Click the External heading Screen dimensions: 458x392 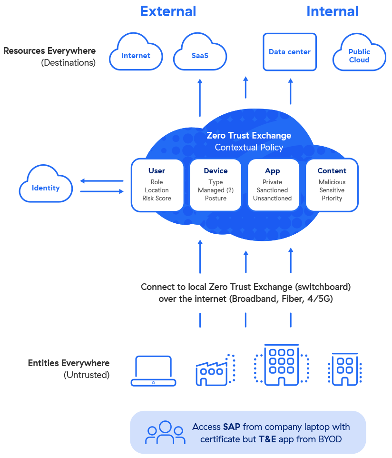(168, 11)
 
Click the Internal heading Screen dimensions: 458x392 (332, 11)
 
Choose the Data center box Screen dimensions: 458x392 (289, 52)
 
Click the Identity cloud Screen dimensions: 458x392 (46, 188)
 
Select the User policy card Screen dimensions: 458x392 (157, 185)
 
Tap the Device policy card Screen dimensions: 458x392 (216, 185)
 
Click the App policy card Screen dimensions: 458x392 (273, 185)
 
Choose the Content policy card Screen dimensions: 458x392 (332, 185)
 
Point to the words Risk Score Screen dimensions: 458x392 (157, 198)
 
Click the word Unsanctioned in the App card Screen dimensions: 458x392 (273, 198)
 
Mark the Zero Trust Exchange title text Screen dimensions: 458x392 (248, 136)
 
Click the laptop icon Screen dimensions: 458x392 (153, 370)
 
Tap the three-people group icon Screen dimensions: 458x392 (165, 432)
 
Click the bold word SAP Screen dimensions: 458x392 (232, 427)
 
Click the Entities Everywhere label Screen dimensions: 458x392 (69, 363)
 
